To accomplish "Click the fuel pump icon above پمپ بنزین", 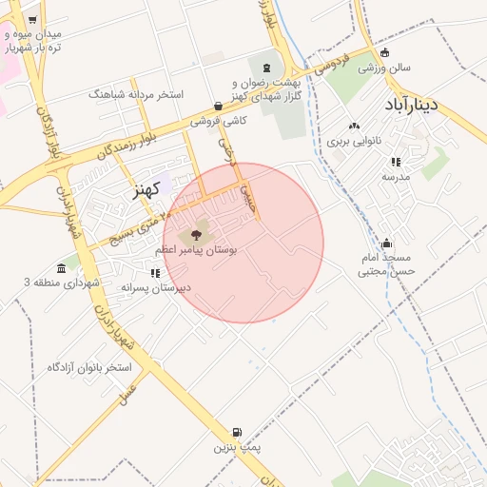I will (x=237, y=432).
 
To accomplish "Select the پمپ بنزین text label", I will (x=237, y=445).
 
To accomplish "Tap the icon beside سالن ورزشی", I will (x=384, y=53).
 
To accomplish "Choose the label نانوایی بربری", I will (x=354, y=140).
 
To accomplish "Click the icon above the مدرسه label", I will (x=396, y=162).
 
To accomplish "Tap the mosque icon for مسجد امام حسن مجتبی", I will (x=386, y=243).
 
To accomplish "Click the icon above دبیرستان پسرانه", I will (x=155, y=273).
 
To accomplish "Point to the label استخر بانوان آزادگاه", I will (x=93, y=366).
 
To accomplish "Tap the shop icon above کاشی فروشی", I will (x=219, y=107).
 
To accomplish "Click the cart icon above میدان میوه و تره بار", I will (x=33, y=19).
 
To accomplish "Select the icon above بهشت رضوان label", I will (x=266, y=68).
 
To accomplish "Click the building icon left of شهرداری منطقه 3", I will (x=63, y=266).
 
